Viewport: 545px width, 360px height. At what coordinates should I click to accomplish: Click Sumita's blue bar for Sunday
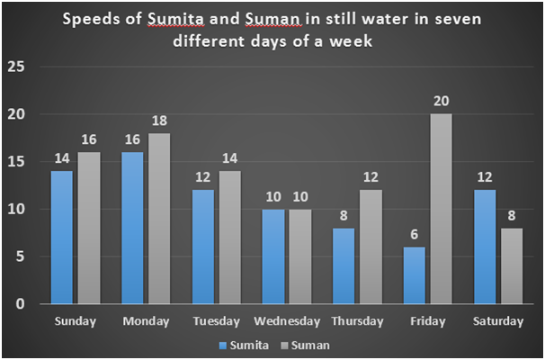click(63, 238)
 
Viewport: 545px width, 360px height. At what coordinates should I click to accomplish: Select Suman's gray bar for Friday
click(440, 209)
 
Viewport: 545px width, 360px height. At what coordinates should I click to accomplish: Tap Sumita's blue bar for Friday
click(415, 275)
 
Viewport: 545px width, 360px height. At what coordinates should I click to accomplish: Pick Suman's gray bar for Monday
click(159, 219)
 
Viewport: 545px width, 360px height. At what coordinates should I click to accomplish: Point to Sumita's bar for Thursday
click(344, 265)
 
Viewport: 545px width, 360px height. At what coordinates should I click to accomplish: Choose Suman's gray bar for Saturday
click(511, 265)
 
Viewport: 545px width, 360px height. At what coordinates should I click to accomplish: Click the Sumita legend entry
click(241, 344)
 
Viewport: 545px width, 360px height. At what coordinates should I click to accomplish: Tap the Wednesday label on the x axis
click(287, 321)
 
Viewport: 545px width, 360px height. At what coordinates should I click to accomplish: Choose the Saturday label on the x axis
click(497, 321)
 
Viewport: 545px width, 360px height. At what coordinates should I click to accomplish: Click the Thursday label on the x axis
click(357, 321)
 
